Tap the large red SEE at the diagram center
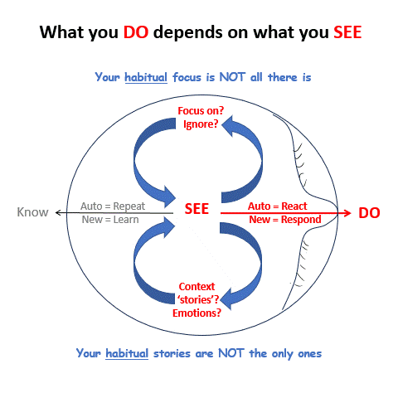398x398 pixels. pyautogui.click(x=196, y=209)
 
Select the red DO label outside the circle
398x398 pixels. pyautogui.click(x=369, y=213)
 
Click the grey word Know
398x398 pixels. pyautogui.click(x=33, y=212)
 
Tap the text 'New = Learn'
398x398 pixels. pyautogui.click(x=110, y=220)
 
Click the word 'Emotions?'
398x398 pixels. pyautogui.click(x=197, y=313)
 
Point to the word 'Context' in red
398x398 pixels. pyautogui.click(x=197, y=286)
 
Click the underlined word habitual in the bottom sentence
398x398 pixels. pyautogui.click(x=129, y=352)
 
